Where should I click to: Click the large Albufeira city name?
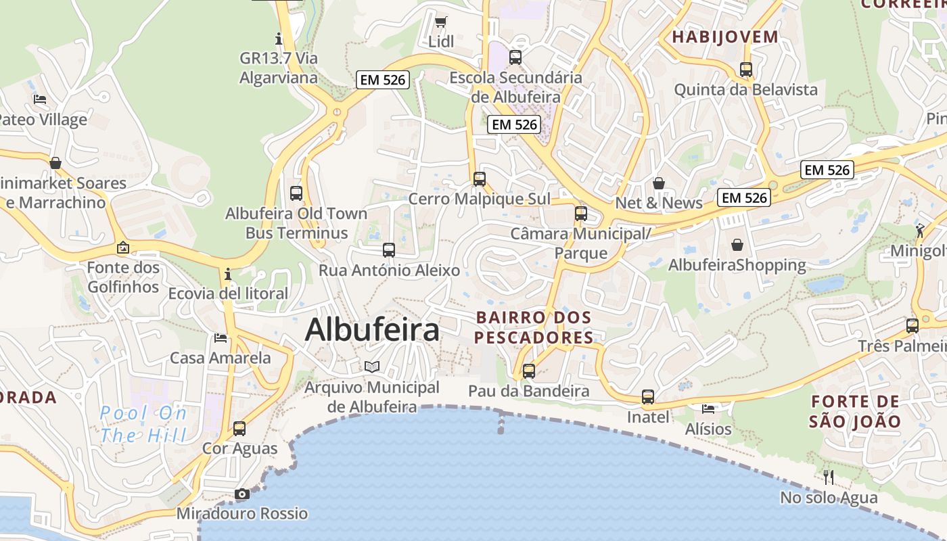[x=372, y=330]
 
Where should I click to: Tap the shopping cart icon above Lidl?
[x=440, y=22]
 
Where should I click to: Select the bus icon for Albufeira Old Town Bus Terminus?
[x=296, y=193]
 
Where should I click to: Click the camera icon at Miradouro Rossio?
[x=242, y=494]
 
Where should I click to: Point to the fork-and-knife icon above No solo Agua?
[x=829, y=477]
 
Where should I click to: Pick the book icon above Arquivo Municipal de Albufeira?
[x=371, y=367]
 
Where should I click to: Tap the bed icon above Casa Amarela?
[x=221, y=337]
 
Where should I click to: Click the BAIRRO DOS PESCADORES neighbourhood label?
[x=534, y=327]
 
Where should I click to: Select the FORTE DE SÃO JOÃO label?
[x=856, y=412]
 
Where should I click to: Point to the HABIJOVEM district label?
[x=725, y=37]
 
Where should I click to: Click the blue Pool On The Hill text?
[x=143, y=424]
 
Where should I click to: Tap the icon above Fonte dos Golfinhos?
[x=122, y=248]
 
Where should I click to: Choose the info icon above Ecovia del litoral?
[x=228, y=274]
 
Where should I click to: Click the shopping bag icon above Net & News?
[x=659, y=183]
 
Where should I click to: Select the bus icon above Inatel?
[x=648, y=397]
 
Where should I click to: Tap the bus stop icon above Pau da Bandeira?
[x=529, y=371]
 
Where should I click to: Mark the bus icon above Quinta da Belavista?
[x=746, y=70]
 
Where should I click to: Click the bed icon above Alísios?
[x=708, y=409]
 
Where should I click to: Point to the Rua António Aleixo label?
[x=389, y=270]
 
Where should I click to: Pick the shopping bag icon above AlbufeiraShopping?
[x=737, y=245]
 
